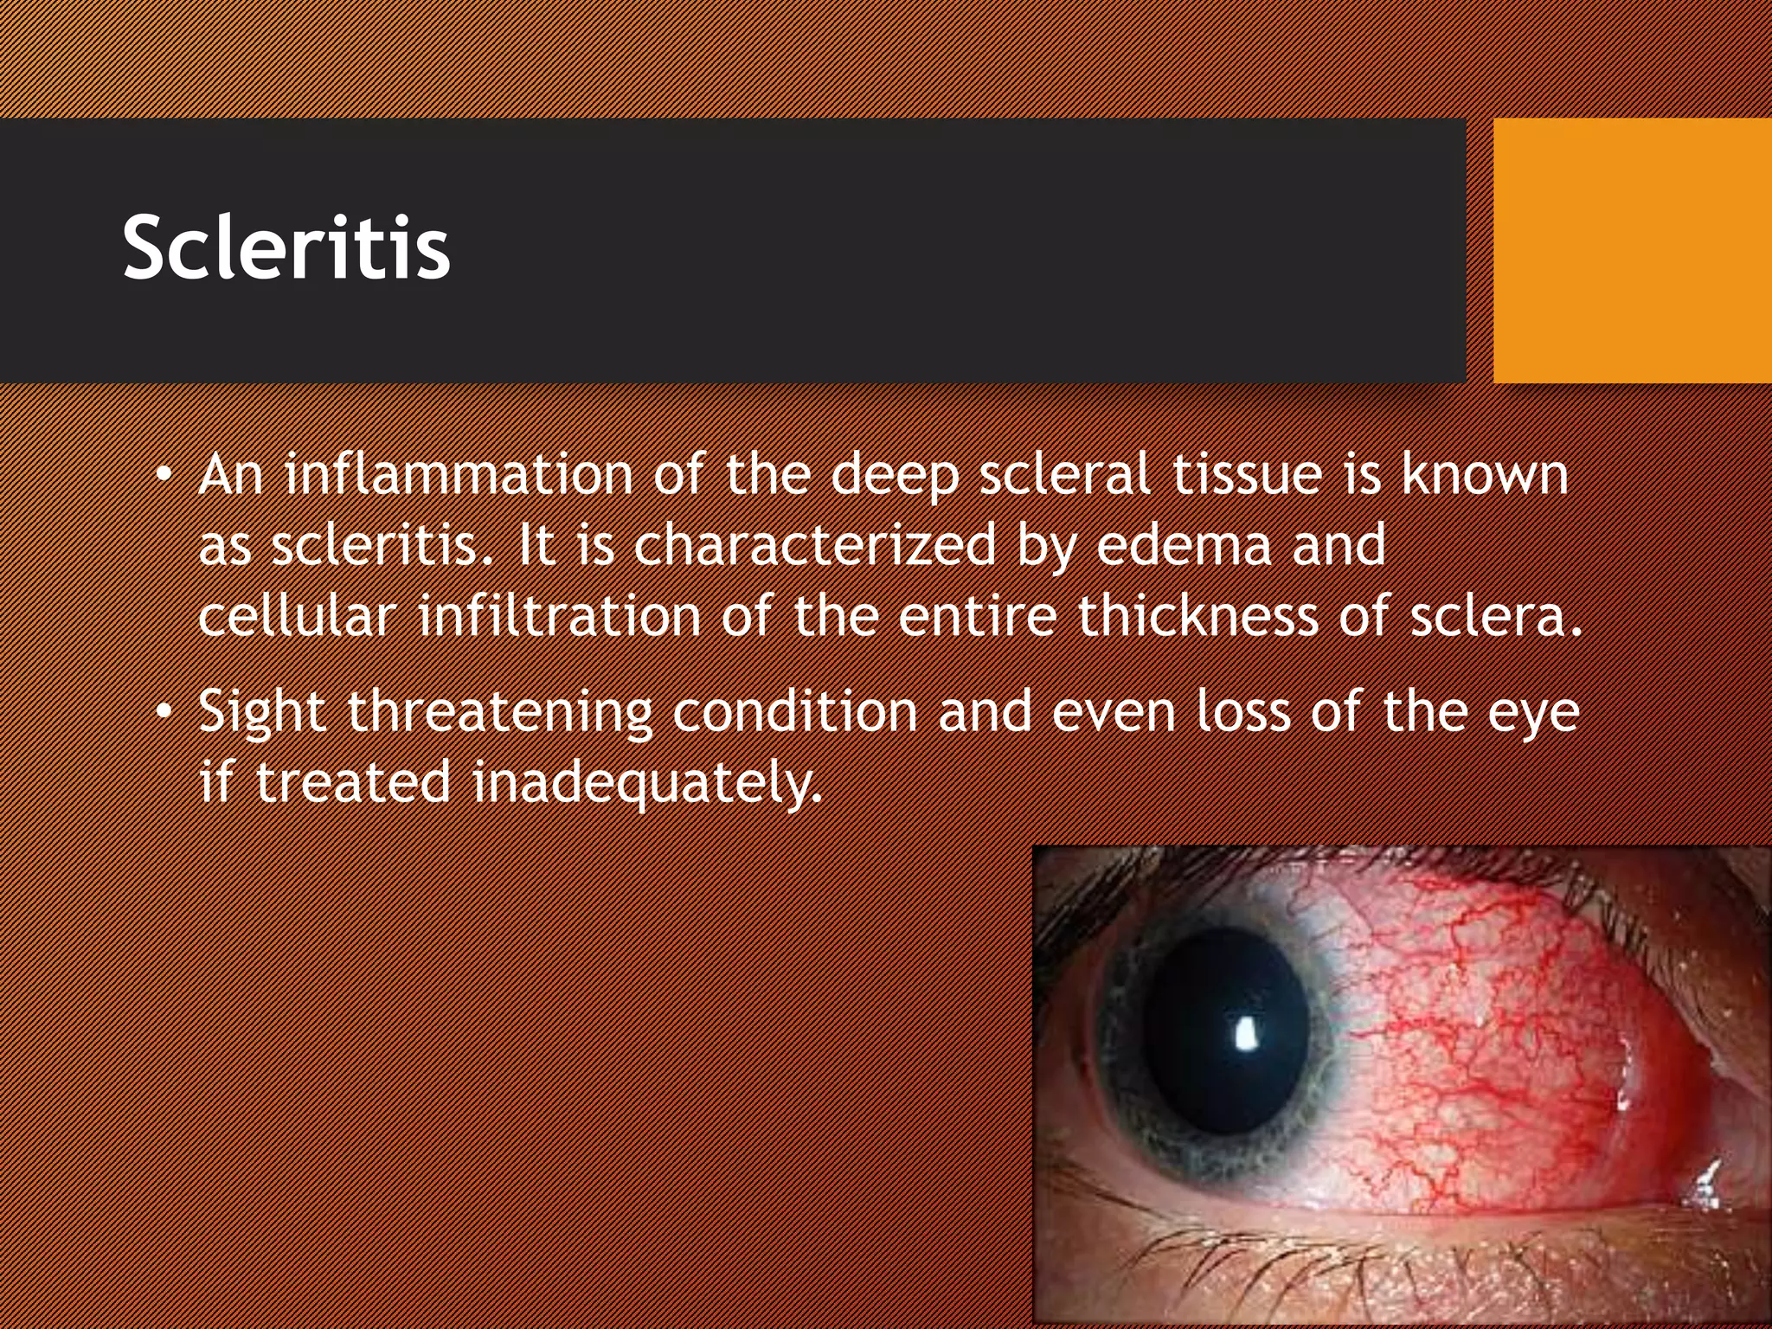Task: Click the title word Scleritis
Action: tap(286, 248)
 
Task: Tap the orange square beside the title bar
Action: tap(1632, 251)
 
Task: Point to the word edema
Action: tap(1185, 545)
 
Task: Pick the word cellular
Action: tap(298, 615)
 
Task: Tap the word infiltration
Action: tap(560, 615)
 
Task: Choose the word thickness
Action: tap(1197, 615)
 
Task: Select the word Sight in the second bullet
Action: tap(262, 713)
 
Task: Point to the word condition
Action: tap(794, 711)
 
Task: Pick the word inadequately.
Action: tap(646, 782)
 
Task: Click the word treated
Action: tap(353, 782)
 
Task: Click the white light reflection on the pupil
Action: tap(1246, 1033)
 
